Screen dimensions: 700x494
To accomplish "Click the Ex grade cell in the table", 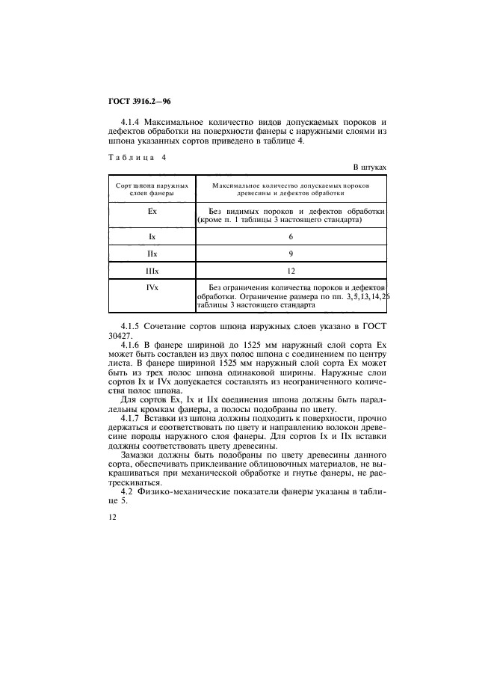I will [x=152, y=212].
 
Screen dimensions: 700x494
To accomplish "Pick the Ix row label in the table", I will [x=152, y=236].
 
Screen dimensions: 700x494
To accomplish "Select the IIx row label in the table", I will [x=152, y=254].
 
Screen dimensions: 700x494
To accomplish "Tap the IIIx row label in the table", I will [x=152, y=271].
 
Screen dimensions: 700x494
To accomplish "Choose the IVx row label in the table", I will [x=152, y=287].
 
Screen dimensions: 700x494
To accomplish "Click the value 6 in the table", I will [x=291, y=236].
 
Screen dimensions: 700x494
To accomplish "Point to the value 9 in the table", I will [x=291, y=254].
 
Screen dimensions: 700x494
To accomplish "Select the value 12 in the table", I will [x=291, y=271].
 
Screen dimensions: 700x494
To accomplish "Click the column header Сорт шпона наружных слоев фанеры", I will [x=152, y=188].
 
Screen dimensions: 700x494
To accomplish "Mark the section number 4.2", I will [x=125, y=492].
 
